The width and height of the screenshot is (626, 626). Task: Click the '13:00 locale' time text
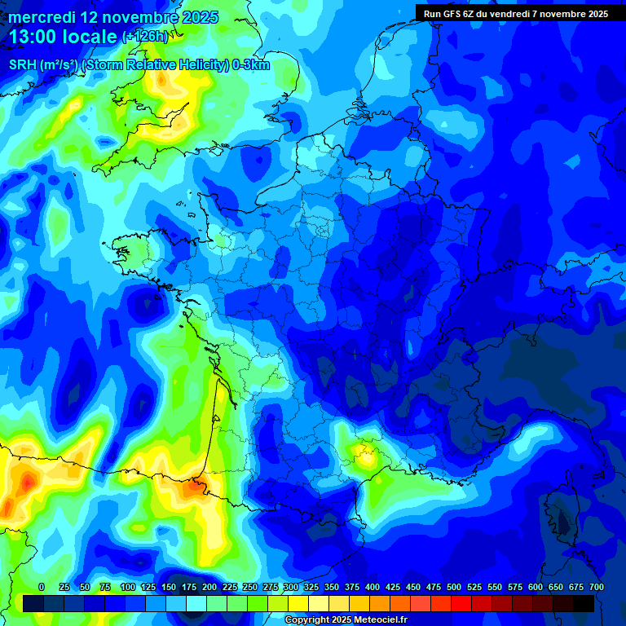tap(62, 37)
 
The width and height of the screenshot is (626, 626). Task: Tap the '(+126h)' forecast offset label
tap(145, 37)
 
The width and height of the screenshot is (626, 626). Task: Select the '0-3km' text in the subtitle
tap(250, 65)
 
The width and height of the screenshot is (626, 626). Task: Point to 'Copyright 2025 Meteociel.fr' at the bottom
tap(346, 620)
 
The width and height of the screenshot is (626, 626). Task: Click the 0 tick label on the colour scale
tap(42, 587)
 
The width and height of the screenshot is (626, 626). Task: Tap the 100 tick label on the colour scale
tap(128, 587)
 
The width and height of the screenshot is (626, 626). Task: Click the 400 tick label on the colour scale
tap(373, 587)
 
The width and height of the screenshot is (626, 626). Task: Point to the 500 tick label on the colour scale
tap(454, 587)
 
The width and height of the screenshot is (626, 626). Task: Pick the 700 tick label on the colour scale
tap(597, 587)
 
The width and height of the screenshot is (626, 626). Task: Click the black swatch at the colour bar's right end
tap(584, 603)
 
